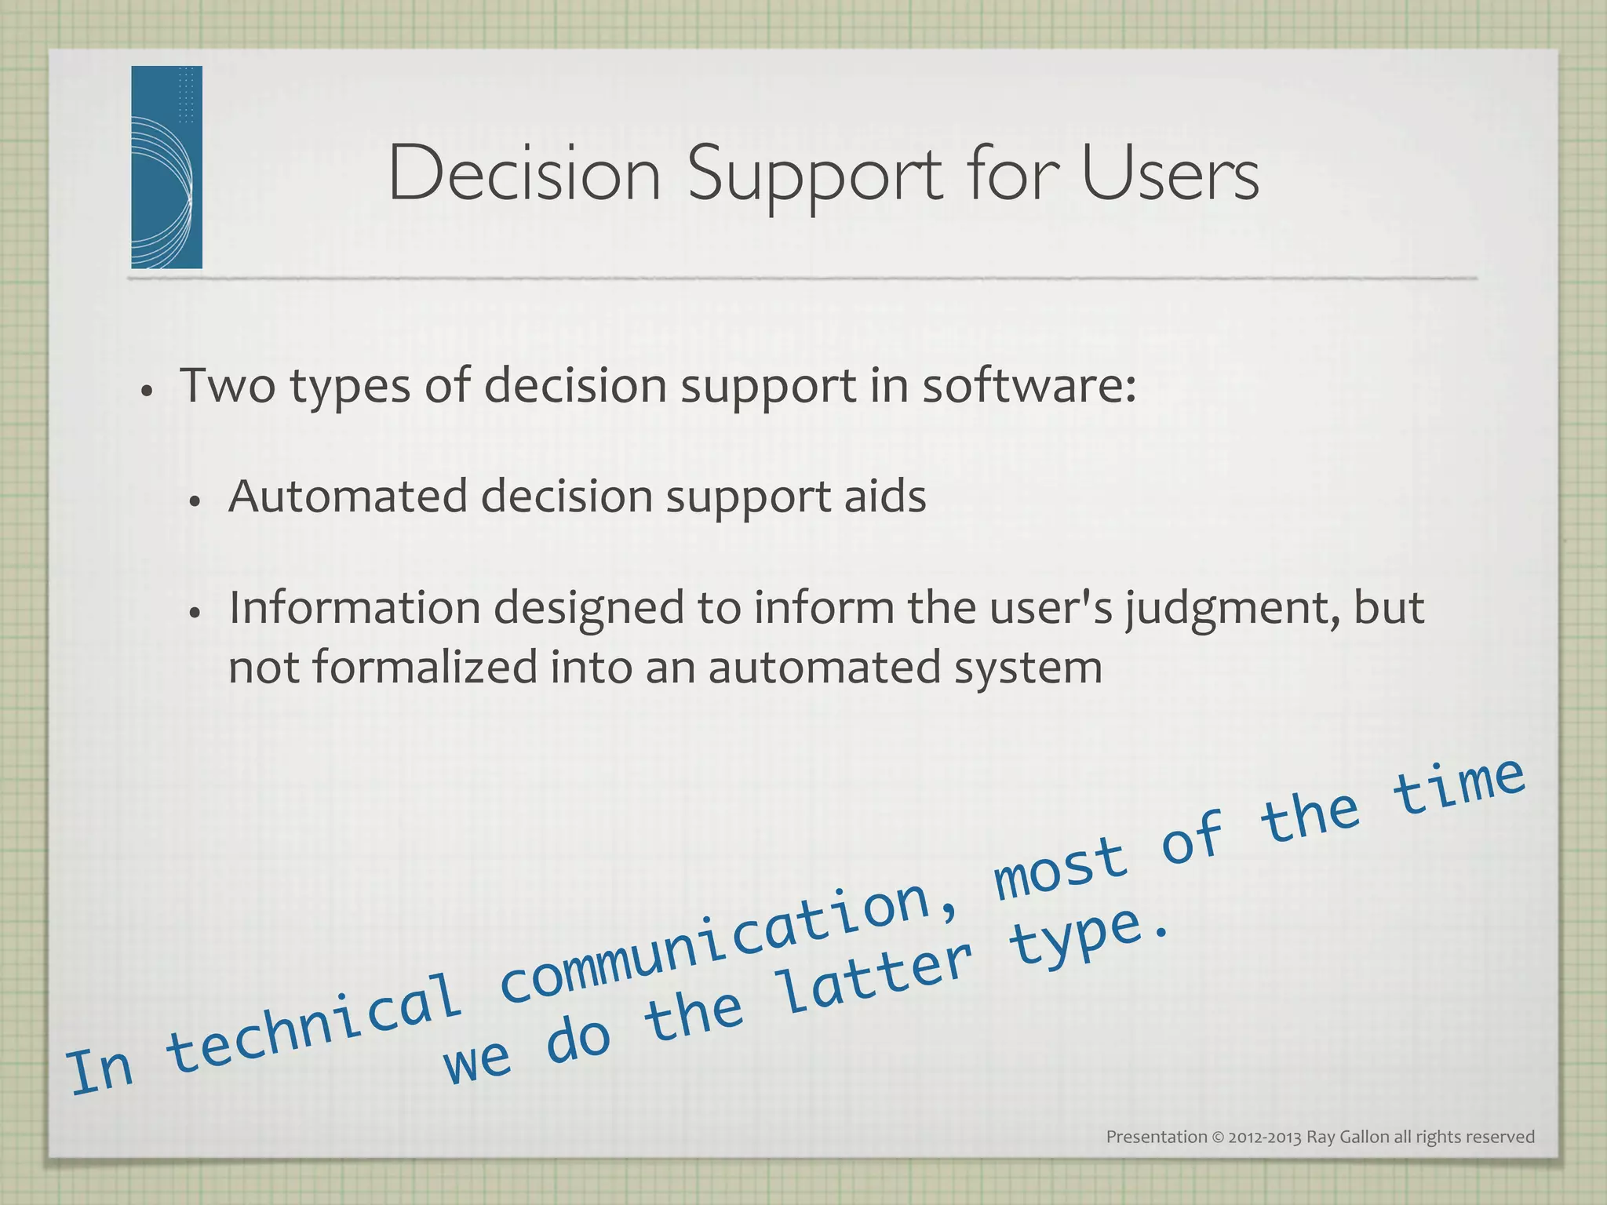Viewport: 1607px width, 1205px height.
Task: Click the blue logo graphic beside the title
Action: tap(166, 167)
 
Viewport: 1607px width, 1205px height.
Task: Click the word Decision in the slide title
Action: tap(524, 174)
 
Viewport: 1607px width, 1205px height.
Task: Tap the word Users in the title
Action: tap(1170, 174)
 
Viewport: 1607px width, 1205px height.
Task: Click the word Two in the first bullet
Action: tap(228, 386)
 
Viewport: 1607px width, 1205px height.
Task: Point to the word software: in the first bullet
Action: tap(1029, 386)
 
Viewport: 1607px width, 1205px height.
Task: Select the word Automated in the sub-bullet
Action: tap(347, 497)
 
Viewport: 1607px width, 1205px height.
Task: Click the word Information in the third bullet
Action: tap(354, 608)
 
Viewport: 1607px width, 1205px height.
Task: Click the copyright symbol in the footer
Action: tap(1218, 1138)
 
